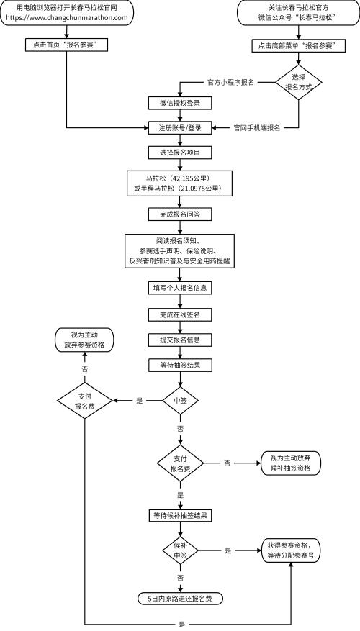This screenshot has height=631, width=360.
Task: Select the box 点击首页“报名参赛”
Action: [66, 45]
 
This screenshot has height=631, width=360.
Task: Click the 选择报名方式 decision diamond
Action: [295, 82]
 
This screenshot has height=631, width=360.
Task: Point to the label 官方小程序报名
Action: [230, 83]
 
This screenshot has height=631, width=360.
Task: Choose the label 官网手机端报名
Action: [256, 127]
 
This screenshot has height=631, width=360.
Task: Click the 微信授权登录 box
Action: [180, 102]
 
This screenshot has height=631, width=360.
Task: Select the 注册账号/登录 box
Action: [180, 127]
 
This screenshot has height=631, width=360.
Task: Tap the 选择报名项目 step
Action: [180, 152]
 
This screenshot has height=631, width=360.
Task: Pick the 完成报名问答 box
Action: [180, 214]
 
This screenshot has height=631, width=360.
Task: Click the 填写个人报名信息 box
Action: [180, 288]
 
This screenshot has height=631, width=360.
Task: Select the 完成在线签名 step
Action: [180, 314]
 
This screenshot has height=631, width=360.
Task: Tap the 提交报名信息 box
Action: [180, 339]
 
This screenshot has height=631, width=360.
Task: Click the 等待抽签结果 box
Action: [180, 365]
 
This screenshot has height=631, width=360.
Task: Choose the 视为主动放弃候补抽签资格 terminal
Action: [290, 463]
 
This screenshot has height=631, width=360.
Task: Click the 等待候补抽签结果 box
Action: [180, 515]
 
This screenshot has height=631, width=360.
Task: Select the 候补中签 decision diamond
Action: [180, 550]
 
